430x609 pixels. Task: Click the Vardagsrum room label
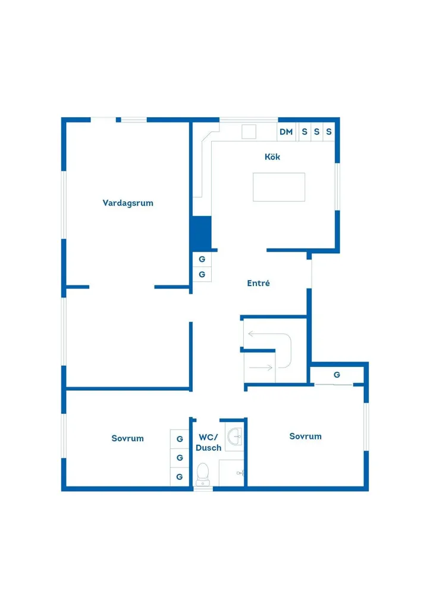point(128,203)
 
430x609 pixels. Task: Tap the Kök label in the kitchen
point(272,156)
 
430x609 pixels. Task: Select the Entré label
point(258,283)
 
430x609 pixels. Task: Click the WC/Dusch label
point(209,442)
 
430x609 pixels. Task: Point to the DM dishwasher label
point(286,131)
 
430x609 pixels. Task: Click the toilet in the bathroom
point(203,474)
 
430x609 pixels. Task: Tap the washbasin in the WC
point(234,437)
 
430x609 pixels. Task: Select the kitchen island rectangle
point(279,187)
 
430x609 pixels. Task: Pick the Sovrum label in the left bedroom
point(127,438)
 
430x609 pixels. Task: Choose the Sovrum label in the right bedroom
point(305,436)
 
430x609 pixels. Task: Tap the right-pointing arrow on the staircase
point(261,367)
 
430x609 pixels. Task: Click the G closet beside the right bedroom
point(337,375)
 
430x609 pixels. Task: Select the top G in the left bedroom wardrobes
point(180,439)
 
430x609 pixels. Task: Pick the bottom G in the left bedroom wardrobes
point(180,476)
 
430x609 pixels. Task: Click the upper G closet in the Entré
point(202,259)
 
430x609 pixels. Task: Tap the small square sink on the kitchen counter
point(249,131)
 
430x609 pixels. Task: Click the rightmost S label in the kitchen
point(329,131)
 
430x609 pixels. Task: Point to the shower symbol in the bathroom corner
point(240,473)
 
